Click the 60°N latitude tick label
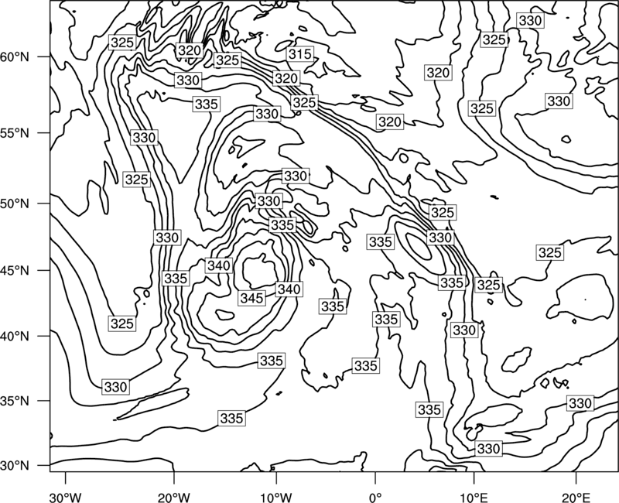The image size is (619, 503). tap(15, 57)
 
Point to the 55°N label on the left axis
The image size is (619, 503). tap(15, 133)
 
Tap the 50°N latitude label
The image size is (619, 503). tap(15, 204)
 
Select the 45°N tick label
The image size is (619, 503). tap(15, 270)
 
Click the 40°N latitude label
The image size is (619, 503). tap(15, 337)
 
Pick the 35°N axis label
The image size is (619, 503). tap(15, 401)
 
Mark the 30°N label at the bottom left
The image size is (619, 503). tap(15, 466)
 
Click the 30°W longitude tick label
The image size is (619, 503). tap(66, 498)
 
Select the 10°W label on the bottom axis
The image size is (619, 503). tap(276, 498)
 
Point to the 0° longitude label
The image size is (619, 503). tap(375, 498)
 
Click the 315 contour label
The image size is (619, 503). tap(300, 53)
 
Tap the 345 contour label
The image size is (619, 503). tap(252, 298)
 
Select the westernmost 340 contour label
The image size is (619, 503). tap(219, 265)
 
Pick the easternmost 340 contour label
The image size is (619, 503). tap(289, 289)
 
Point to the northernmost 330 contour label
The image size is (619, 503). tap(530, 20)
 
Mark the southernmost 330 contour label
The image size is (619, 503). tap(489, 449)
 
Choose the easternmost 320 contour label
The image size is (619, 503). tap(438, 73)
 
